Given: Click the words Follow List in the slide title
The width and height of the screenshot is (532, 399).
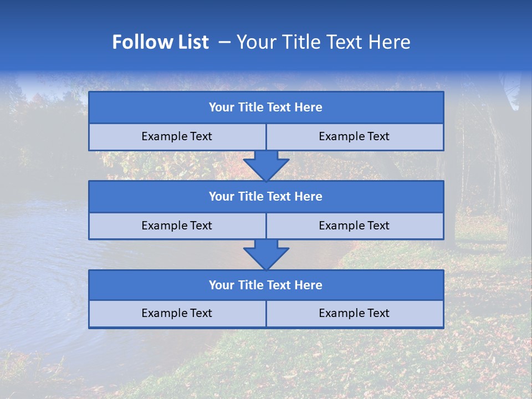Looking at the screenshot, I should click(160, 42).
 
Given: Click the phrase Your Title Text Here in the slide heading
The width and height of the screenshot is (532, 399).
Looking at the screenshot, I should click(323, 42).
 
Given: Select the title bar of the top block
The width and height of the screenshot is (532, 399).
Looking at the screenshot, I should click(266, 108).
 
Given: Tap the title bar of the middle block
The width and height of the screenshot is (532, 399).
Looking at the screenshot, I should click(266, 196).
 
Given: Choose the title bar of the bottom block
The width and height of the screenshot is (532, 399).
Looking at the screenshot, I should click(266, 285).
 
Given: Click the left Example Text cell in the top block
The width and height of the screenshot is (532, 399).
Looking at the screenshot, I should click(177, 136).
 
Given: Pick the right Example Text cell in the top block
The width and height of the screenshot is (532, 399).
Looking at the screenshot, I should click(354, 136).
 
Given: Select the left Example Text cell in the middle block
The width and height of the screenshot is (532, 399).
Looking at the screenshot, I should click(177, 226).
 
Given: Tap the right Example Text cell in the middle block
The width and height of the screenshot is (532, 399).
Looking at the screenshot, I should click(354, 226).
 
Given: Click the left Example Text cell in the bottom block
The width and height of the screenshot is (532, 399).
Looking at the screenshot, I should click(177, 313).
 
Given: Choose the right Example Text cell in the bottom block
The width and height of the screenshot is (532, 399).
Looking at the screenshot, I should click(354, 313).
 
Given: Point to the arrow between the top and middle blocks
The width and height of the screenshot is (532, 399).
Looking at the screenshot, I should click(266, 166).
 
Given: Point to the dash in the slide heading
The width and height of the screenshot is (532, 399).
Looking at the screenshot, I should click(224, 42).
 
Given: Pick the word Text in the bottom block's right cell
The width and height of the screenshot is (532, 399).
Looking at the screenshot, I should click(378, 313).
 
